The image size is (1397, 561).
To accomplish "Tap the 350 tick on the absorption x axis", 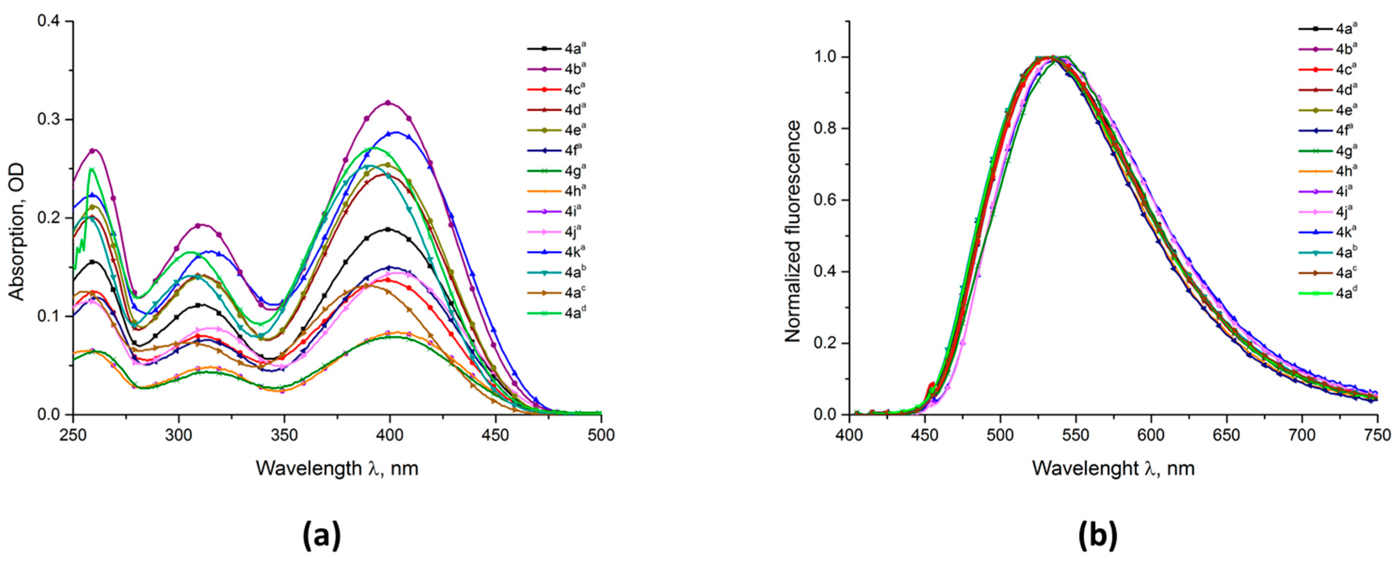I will [x=284, y=435].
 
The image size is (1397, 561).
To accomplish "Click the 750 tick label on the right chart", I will [x=1377, y=435].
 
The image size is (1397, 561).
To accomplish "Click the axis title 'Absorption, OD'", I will [x=18, y=218].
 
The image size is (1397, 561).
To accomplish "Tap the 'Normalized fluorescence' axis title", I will [x=793, y=232].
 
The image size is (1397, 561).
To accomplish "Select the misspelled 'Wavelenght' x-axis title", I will [x=1113, y=468].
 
